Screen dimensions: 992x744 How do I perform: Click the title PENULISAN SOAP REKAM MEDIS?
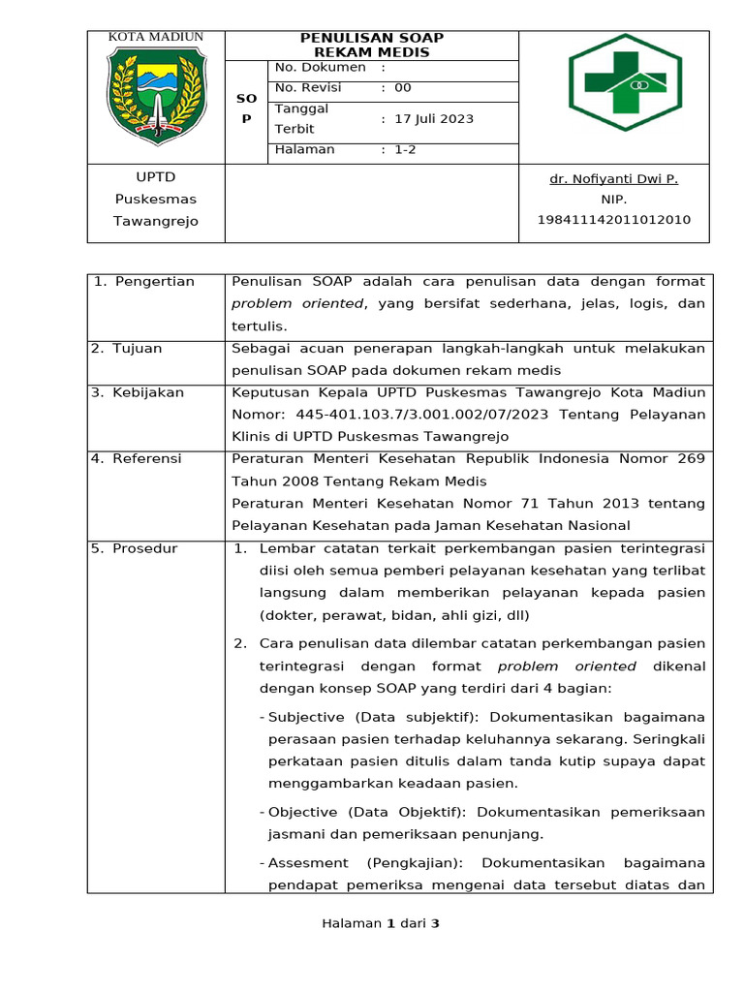pos(372,45)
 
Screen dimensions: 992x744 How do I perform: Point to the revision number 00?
pos(403,87)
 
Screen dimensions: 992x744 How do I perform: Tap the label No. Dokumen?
pos(321,67)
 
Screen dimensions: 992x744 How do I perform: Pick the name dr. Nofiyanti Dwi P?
pos(613,179)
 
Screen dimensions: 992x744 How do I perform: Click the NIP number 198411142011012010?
pos(614,220)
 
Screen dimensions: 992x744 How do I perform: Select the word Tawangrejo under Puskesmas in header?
pos(156,221)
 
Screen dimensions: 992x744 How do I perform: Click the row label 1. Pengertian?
pos(145,282)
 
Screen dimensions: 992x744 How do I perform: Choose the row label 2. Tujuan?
pos(127,348)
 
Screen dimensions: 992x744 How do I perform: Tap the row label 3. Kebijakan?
pos(138,392)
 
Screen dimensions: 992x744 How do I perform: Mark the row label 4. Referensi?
pos(137,458)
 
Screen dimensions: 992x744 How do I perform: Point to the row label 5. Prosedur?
pos(135,548)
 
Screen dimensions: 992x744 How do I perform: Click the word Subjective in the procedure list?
pos(305,717)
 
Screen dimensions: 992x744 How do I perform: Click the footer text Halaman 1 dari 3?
pos(381,924)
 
